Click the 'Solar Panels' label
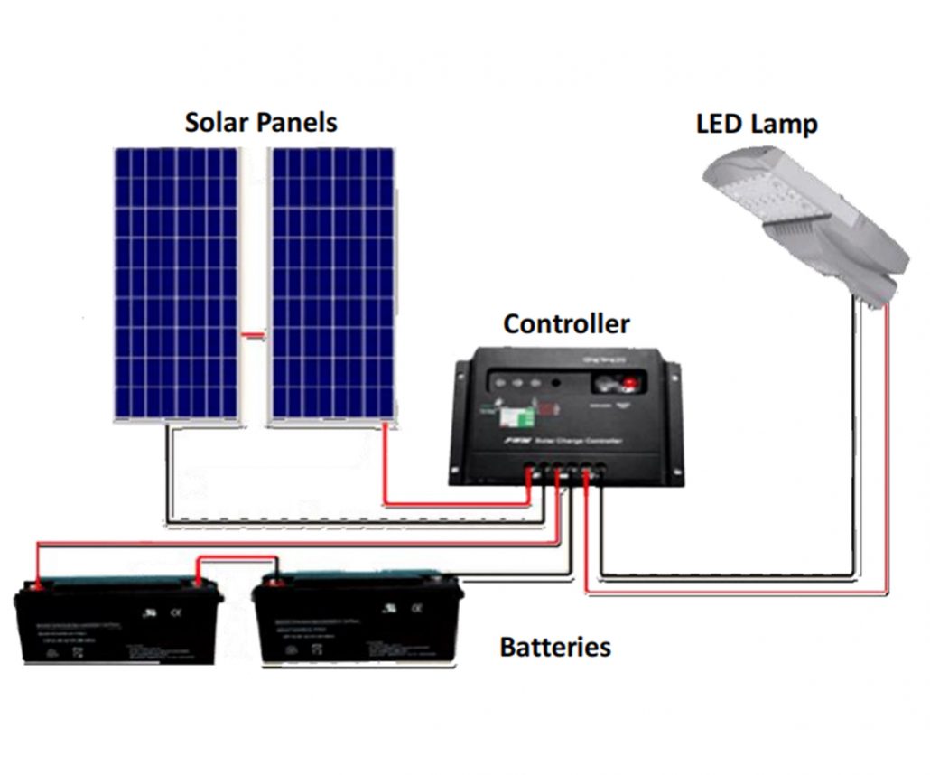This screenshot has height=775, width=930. [x=261, y=122]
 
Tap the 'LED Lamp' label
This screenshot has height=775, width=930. [x=757, y=123]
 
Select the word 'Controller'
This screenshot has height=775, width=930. [x=566, y=323]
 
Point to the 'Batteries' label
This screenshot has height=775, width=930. [x=554, y=647]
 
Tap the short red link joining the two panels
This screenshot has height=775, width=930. [x=255, y=336]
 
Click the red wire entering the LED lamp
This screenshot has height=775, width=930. [x=887, y=452]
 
